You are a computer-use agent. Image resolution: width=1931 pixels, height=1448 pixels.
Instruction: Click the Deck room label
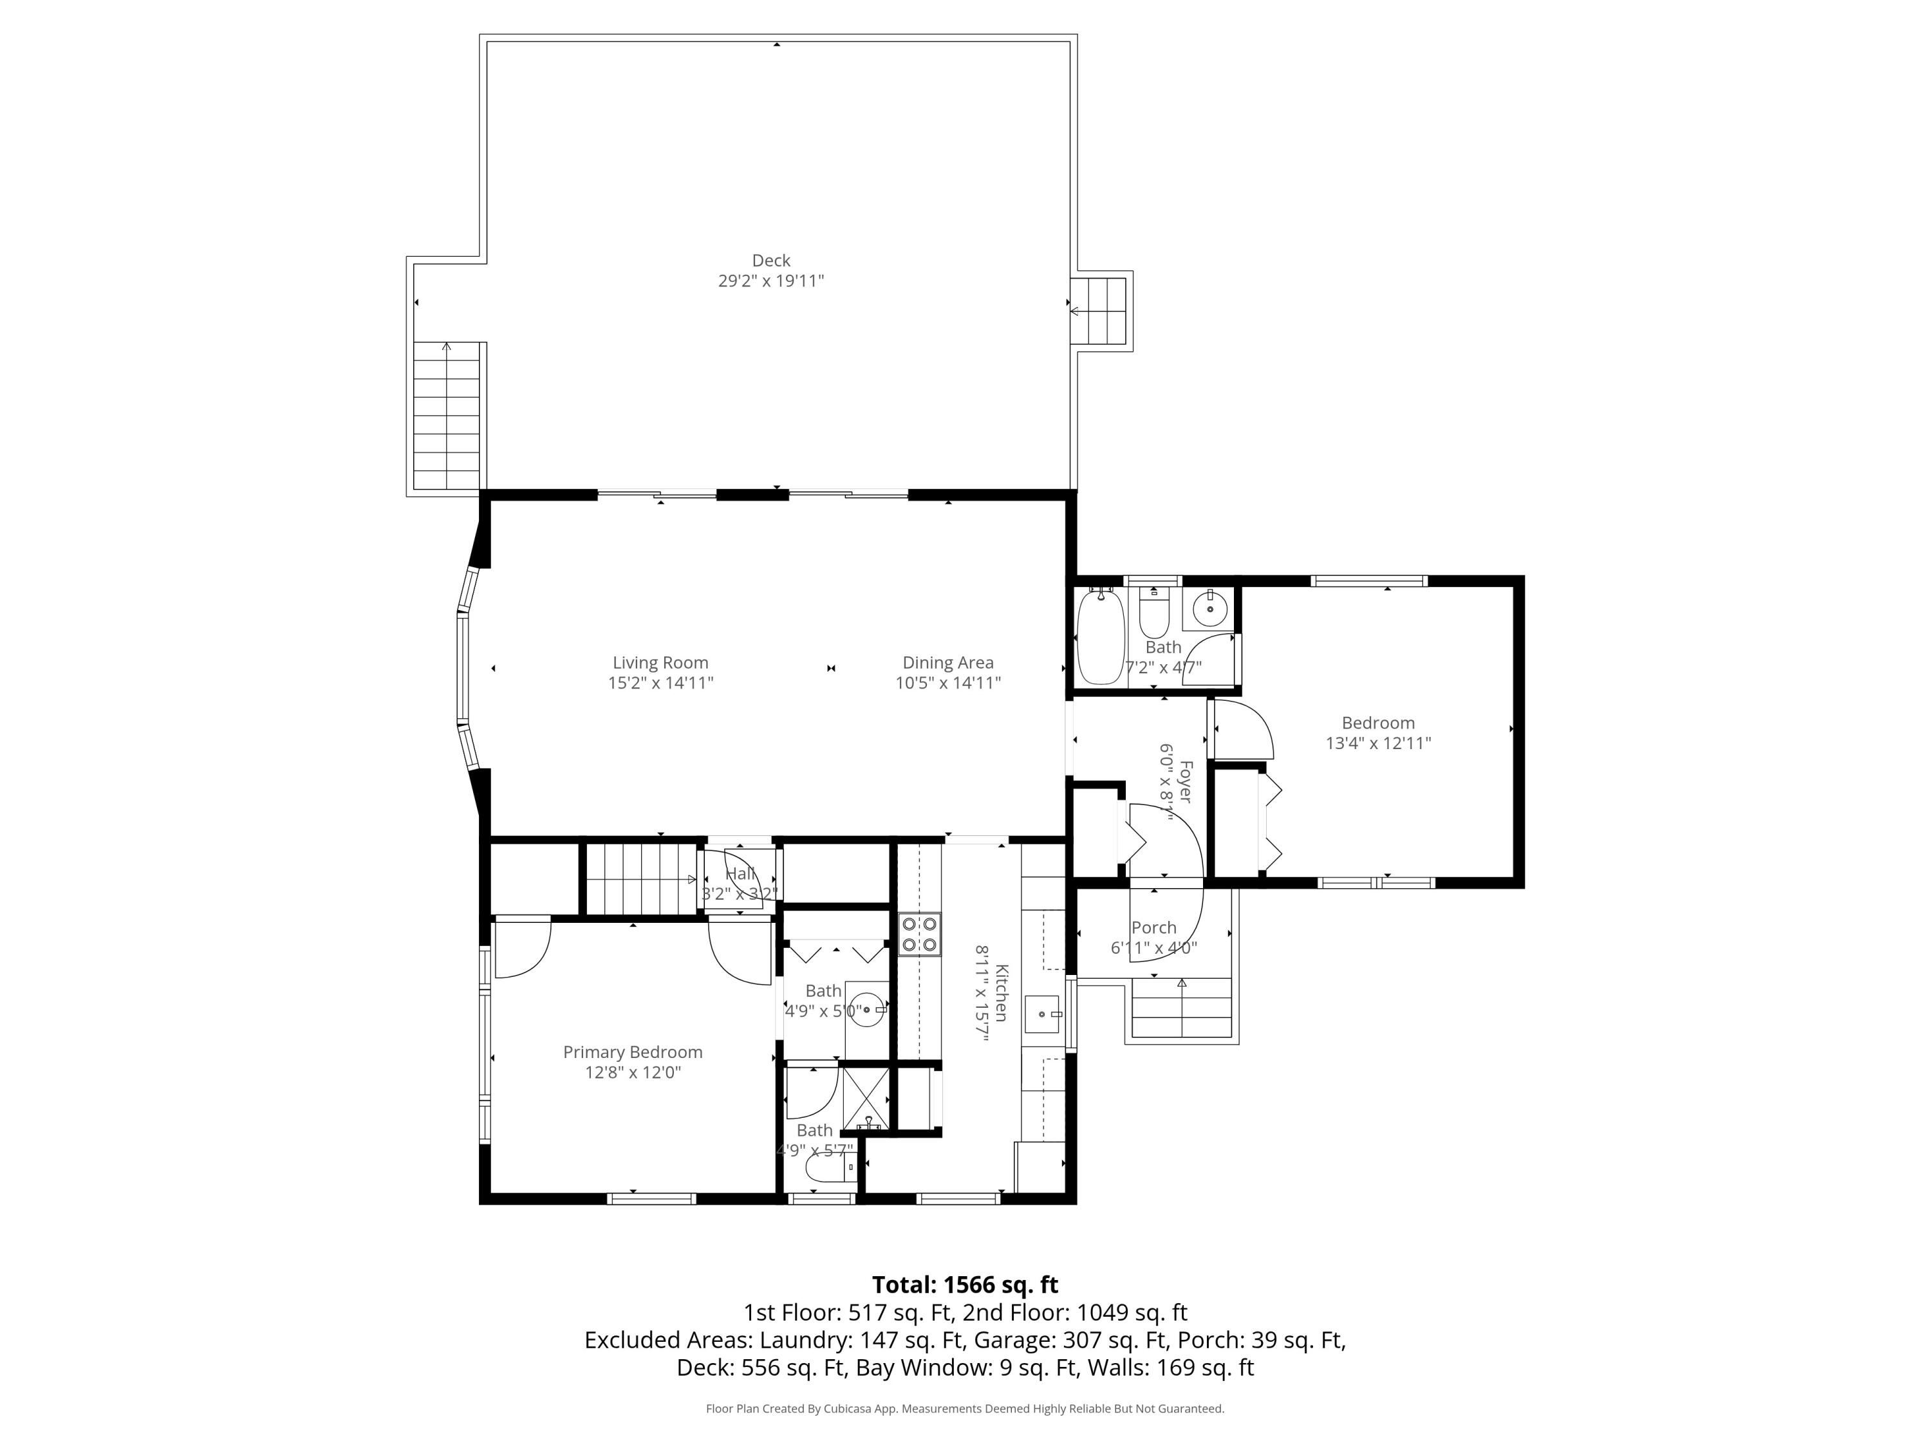[771, 260]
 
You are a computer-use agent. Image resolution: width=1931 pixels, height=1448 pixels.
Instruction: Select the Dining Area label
[947, 662]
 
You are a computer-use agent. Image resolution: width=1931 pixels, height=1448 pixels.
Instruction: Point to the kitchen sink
[1041, 1014]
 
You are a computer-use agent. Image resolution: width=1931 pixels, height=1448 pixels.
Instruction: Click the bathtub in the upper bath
[1100, 637]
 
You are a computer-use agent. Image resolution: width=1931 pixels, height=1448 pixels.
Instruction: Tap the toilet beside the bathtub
[1154, 615]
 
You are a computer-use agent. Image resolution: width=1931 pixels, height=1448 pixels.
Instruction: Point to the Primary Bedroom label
[632, 1052]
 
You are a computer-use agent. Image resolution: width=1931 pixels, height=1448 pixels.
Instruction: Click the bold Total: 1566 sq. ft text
[965, 1285]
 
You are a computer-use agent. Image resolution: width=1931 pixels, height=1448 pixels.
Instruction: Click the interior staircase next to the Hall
[640, 880]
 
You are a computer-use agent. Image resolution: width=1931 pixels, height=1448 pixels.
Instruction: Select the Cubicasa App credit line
[965, 1408]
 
